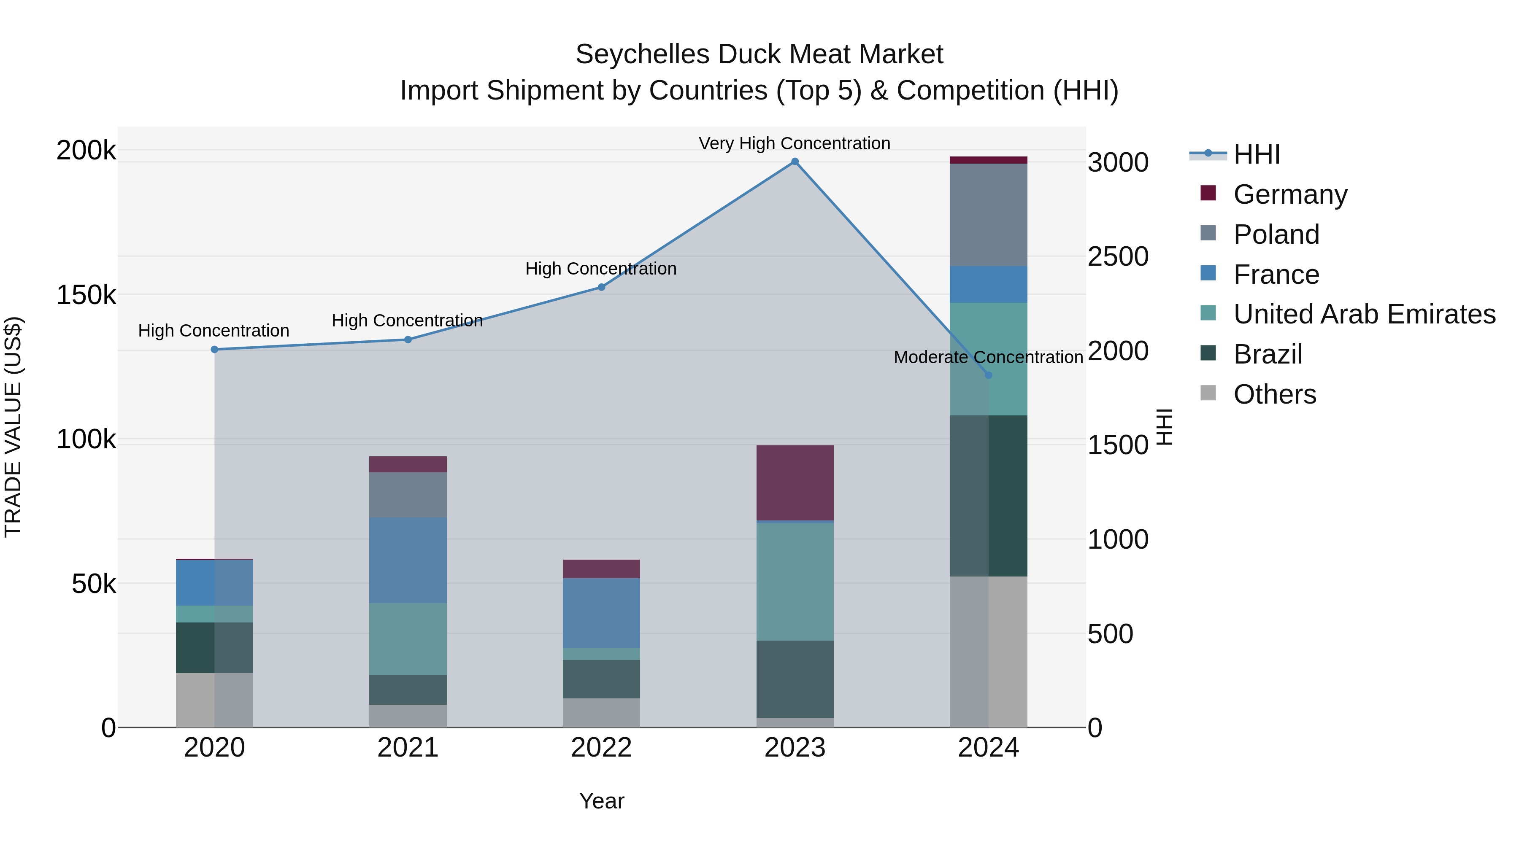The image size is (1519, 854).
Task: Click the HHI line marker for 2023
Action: (x=795, y=162)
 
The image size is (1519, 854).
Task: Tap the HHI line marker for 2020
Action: (x=215, y=350)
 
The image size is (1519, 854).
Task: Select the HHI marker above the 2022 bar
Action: (x=601, y=287)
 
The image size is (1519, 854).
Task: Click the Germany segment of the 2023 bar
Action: (x=795, y=483)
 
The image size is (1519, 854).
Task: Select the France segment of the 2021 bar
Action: (x=408, y=560)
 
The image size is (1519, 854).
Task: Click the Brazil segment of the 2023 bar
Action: (x=795, y=679)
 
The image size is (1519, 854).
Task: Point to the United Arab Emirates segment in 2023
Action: (x=795, y=582)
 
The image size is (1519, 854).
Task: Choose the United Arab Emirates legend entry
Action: (x=1364, y=314)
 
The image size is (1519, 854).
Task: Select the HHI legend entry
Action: (x=1256, y=154)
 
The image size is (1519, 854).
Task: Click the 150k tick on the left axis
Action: (x=86, y=295)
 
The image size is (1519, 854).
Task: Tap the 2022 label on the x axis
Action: (x=601, y=748)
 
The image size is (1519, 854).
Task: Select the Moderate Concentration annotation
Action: (x=988, y=357)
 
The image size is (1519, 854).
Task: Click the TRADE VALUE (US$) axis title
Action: (x=13, y=427)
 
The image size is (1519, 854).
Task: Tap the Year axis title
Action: (x=601, y=801)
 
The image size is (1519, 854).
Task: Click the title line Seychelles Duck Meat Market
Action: (x=759, y=54)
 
